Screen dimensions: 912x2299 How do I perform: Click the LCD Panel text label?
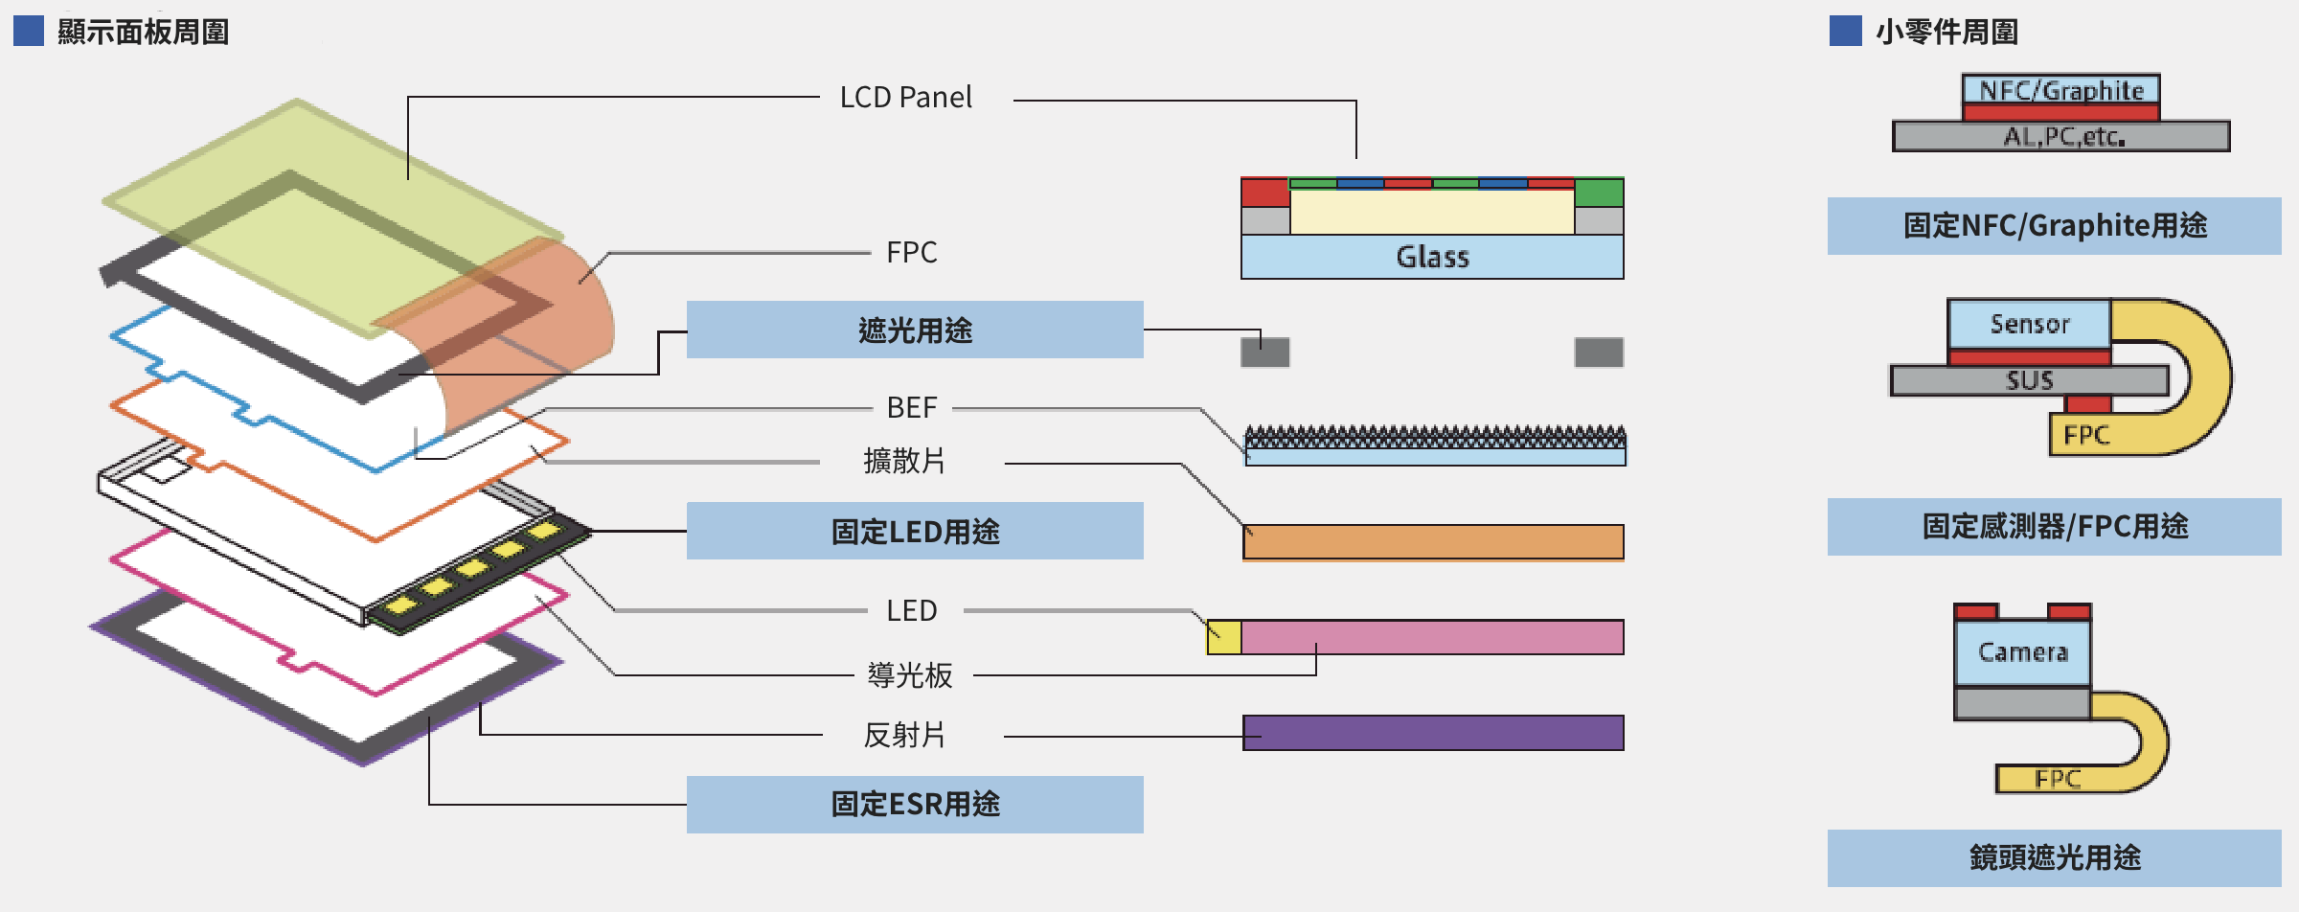click(905, 98)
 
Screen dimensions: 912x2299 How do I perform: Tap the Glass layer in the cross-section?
click(1432, 257)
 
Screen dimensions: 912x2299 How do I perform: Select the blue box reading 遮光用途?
click(915, 330)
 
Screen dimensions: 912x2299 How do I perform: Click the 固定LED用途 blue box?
click(915, 531)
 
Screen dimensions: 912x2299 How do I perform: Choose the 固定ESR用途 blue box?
click(915, 804)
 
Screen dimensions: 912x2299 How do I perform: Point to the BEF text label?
click(911, 408)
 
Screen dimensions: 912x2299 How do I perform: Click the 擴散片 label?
click(903, 462)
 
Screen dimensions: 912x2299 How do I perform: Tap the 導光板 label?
click(909, 675)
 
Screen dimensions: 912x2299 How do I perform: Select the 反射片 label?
click(903, 736)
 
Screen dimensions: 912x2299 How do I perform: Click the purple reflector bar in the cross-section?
click(1433, 733)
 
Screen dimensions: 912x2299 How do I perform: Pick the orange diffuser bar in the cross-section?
click(1433, 541)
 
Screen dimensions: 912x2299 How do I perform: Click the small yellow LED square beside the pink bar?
click(1224, 637)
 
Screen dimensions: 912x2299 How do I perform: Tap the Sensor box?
click(2029, 324)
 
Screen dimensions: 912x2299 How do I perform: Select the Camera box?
click(2022, 652)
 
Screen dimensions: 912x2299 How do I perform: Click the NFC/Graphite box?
click(2060, 90)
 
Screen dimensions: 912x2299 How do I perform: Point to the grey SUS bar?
click(2028, 380)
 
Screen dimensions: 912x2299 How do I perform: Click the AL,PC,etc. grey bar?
click(2060, 137)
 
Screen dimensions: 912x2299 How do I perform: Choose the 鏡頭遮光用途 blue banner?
click(2054, 857)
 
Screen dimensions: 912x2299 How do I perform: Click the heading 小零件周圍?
click(1946, 32)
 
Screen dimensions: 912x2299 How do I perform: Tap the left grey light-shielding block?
click(1264, 353)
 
